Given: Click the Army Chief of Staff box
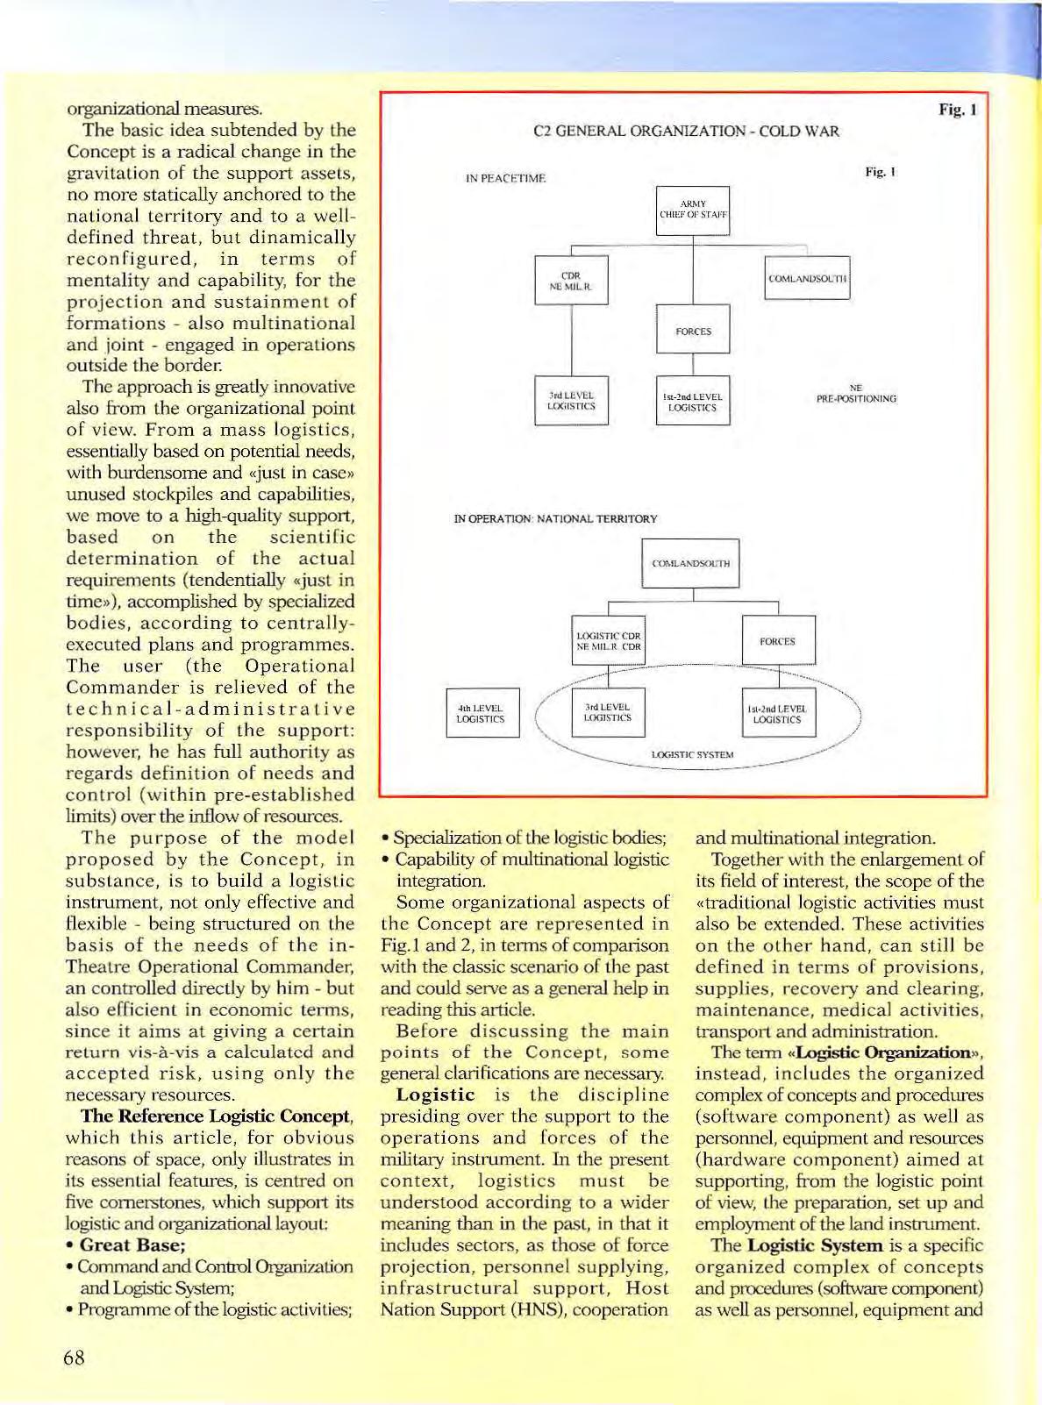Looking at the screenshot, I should pos(693,210).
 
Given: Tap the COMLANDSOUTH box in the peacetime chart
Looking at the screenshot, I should pos(807,278).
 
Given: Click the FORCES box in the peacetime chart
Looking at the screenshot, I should pos(693,331).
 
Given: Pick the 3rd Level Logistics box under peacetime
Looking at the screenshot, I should pos(571,401).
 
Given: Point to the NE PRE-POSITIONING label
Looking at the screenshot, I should pos(855,394).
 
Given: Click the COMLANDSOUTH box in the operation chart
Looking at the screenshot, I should pos(690,563).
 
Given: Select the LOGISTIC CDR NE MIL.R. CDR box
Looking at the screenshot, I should pos(608,641).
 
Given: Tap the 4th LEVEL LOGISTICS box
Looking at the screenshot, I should pos(482,713).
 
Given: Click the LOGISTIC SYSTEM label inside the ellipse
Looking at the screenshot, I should pos(692,754).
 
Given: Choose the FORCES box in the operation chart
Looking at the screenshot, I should pos(778,641).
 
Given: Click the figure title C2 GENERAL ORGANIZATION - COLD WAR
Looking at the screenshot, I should pos(686,132).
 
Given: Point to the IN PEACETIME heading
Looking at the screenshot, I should pos(505,179).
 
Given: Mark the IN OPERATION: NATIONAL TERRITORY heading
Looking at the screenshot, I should pos(555,519).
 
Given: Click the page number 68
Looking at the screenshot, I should pos(75,1359).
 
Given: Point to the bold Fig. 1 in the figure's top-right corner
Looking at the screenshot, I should pos(957,110).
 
